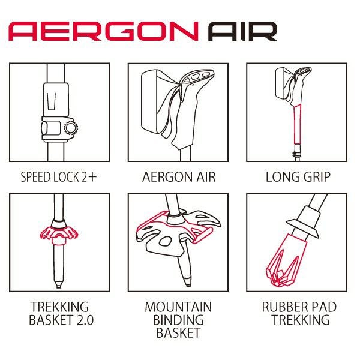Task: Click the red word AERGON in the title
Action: click(x=103, y=31)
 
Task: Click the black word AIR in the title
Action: click(x=242, y=31)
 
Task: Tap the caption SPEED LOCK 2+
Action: click(x=59, y=177)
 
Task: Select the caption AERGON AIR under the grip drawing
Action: click(x=179, y=177)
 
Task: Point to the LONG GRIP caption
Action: click(x=298, y=177)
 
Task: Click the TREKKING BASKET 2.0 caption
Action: click(x=61, y=313)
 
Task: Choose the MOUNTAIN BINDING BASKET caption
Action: click(x=178, y=320)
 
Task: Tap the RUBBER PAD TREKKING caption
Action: click(x=299, y=313)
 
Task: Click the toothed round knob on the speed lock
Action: click(x=71, y=128)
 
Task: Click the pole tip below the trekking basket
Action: click(x=59, y=284)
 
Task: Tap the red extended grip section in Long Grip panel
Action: click(x=298, y=124)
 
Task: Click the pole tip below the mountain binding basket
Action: click(x=188, y=282)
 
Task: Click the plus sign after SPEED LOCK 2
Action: click(x=92, y=177)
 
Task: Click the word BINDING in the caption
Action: click(x=178, y=320)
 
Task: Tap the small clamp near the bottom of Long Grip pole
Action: click(x=296, y=154)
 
